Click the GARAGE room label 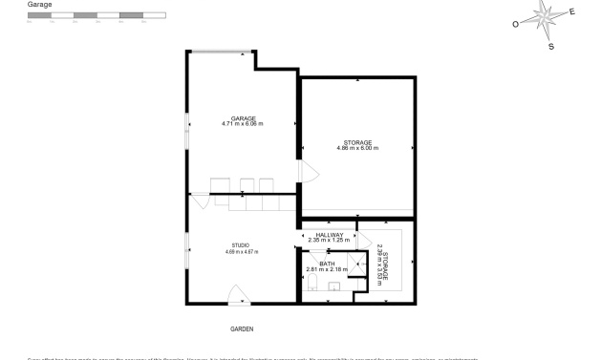click(x=242, y=118)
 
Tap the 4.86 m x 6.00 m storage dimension click(x=357, y=148)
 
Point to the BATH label click(x=327, y=264)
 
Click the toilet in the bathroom click(x=312, y=287)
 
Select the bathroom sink click(x=334, y=286)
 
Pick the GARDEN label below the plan click(x=242, y=328)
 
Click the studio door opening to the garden click(x=237, y=295)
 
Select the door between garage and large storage click(x=305, y=172)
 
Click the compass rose click(x=546, y=16)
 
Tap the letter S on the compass click(x=550, y=46)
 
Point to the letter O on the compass click(x=515, y=24)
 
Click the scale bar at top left click(x=96, y=16)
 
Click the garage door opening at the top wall click(x=221, y=52)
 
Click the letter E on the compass click(x=572, y=12)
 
